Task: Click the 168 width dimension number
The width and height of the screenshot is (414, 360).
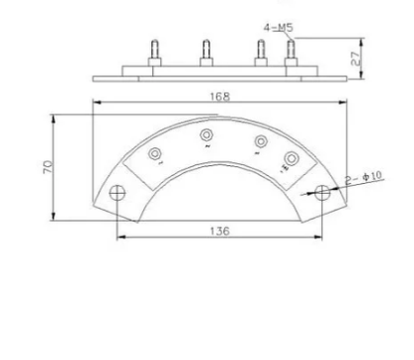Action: pos(219,96)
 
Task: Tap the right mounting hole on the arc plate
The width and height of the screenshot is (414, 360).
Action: pos(321,193)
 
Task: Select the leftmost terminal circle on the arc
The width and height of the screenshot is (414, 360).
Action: pos(155,153)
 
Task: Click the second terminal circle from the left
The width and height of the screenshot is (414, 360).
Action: pos(206,134)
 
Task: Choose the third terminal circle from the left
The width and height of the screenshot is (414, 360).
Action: pos(259,139)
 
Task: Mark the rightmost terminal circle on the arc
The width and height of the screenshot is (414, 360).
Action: pos(291,158)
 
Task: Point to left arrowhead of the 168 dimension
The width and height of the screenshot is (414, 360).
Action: pos(97,103)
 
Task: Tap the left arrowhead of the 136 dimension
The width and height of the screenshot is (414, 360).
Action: pos(120,238)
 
